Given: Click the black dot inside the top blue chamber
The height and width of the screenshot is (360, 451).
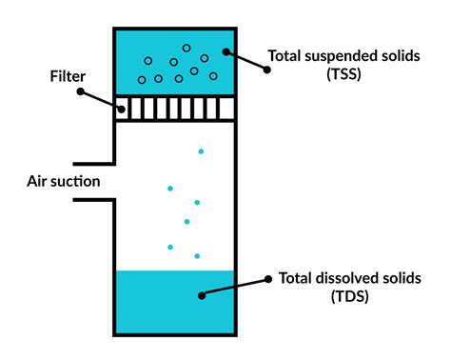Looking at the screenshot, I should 225,53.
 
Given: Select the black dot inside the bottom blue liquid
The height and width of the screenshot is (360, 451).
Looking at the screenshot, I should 202,295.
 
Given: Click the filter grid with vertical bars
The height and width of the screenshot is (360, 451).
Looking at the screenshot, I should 174,108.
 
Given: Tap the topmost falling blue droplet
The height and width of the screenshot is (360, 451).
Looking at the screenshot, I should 200,150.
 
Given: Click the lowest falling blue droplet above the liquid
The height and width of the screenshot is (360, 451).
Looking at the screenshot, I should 197,255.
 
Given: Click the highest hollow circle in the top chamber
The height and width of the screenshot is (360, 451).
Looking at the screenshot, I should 186,48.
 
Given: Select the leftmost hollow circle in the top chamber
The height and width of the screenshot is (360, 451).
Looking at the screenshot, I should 142,80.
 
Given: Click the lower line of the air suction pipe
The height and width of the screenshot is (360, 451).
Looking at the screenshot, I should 92,199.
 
